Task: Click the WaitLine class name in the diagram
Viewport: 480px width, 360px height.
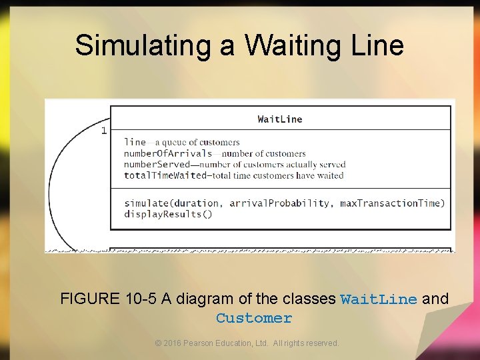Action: click(280, 119)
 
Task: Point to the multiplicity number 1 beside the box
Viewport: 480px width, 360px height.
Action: click(103, 131)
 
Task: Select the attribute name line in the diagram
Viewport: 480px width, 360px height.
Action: click(135, 142)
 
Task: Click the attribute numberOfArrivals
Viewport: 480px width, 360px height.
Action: click(168, 153)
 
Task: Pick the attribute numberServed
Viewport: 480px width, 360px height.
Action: click(157, 165)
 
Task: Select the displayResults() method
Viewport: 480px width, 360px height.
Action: click(168, 214)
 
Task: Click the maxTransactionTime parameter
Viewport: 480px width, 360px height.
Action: click(392, 203)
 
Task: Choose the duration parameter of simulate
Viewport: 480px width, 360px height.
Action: click(201, 203)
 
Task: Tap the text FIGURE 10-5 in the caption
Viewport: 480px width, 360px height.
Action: click(107, 299)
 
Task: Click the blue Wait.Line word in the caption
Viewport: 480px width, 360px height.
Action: click(378, 299)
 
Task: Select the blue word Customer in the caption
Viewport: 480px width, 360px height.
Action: click(254, 318)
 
